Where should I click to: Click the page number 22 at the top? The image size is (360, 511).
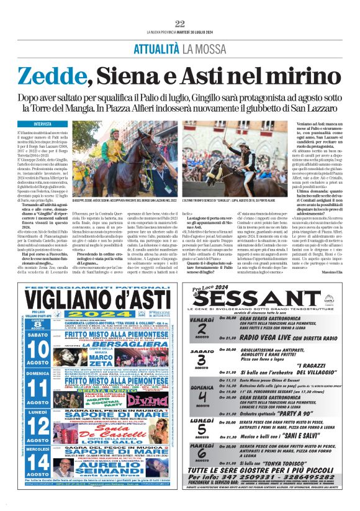point(180,24)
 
